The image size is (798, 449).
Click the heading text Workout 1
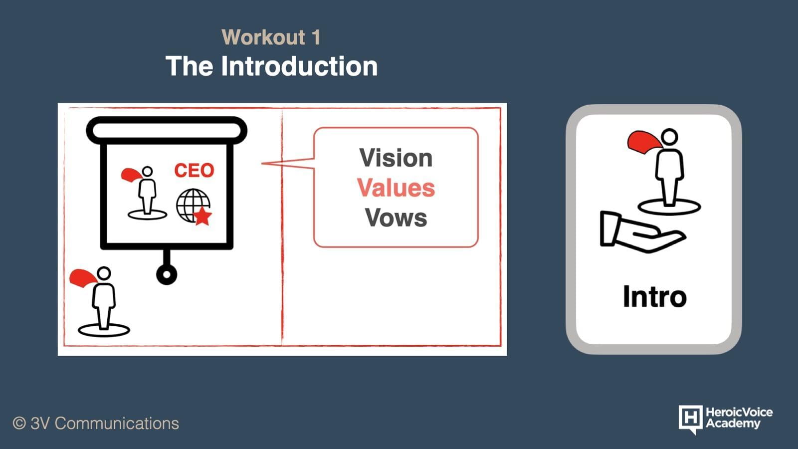pyautogui.click(x=271, y=37)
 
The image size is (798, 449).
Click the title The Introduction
pyautogui.click(x=271, y=66)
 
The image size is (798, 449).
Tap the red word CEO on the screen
pyautogui.click(x=194, y=170)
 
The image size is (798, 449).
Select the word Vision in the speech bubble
pyautogui.click(x=396, y=158)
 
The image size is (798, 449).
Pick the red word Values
pyautogui.click(x=396, y=188)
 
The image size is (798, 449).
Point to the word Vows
pyautogui.click(x=396, y=218)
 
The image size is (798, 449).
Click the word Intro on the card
pyautogui.click(x=654, y=296)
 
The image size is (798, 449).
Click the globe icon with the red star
pyautogui.click(x=194, y=207)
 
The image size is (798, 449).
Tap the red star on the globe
pyautogui.click(x=202, y=216)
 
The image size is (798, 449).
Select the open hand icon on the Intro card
pyautogui.click(x=642, y=231)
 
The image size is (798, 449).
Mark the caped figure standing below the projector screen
pyautogui.click(x=102, y=301)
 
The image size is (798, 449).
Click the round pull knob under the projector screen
pyautogui.click(x=167, y=274)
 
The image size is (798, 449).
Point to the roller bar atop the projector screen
pyautogui.click(x=167, y=130)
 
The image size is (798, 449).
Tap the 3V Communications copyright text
pyautogui.click(x=96, y=424)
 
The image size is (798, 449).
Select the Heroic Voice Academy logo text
pyautogui.click(x=739, y=418)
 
